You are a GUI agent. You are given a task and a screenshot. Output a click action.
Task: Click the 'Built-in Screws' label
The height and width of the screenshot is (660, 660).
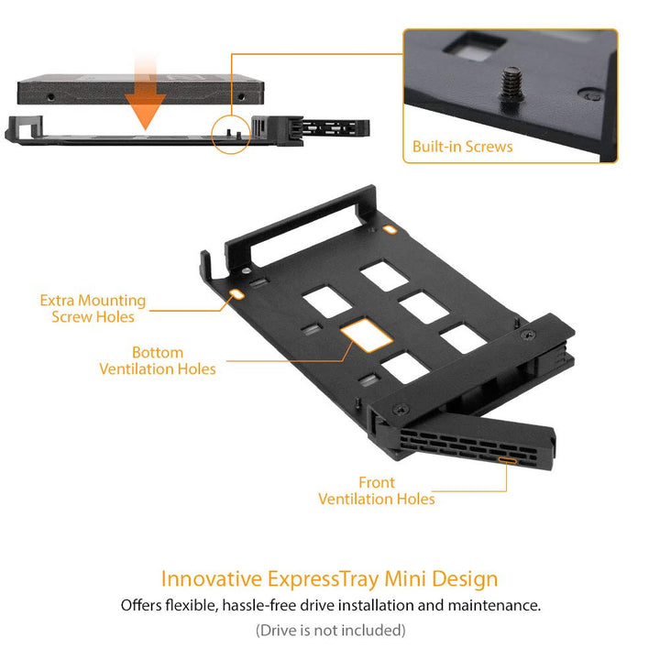(x=462, y=147)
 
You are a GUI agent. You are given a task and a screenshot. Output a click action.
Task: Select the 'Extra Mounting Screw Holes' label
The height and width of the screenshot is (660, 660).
(x=93, y=308)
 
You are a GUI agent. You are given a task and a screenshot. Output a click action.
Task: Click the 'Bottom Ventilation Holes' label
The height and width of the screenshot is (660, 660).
(x=158, y=360)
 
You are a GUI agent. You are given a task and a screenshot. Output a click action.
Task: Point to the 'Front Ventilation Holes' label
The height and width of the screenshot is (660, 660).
(x=377, y=490)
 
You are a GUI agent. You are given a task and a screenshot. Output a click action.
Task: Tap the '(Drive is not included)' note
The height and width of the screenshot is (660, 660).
(x=330, y=630)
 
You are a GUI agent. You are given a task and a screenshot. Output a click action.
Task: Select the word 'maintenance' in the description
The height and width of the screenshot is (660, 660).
(x=493, y=605)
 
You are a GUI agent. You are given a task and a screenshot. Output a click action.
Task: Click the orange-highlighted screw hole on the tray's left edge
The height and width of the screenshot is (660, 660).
(x=236, y=294)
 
